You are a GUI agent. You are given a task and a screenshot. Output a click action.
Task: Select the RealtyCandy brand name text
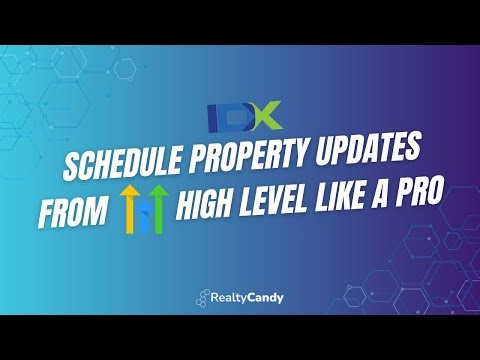tap(246, 297)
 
